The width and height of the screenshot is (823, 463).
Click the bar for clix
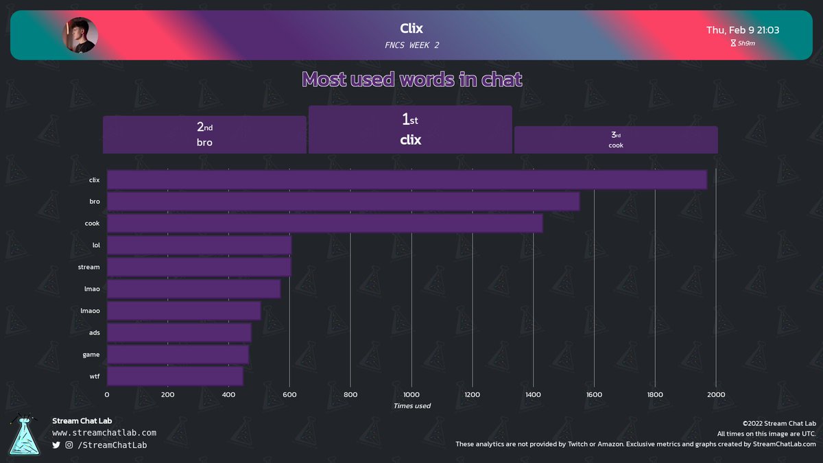407,180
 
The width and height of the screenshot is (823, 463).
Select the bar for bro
343,202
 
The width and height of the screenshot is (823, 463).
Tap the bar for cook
325,224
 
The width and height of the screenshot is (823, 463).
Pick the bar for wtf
175,377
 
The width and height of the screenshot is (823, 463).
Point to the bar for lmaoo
184,311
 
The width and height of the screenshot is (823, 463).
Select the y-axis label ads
94,333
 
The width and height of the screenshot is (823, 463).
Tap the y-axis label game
91,355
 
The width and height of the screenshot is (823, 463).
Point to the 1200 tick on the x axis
472,394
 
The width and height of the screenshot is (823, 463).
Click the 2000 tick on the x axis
715,394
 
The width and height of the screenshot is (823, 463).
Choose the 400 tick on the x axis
228,394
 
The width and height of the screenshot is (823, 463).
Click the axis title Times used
411,406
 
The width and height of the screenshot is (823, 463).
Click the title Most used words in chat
411,80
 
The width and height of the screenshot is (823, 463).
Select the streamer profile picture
80,35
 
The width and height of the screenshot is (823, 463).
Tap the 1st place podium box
410,130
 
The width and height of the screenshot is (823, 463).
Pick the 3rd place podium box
616,140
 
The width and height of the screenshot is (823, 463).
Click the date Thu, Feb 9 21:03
743,30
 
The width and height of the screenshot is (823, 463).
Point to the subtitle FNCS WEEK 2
411,45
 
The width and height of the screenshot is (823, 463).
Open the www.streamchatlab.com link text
104,433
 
